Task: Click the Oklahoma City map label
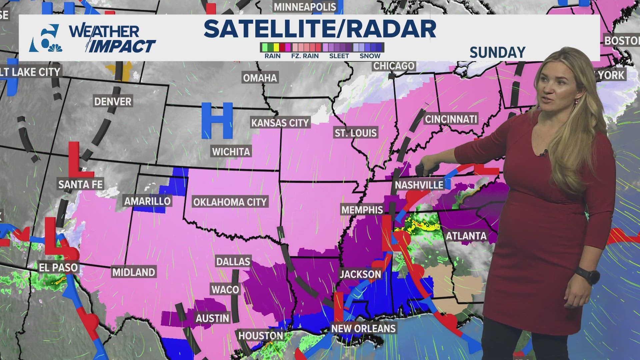coord(230,202)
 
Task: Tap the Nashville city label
coord(419,185)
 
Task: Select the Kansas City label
coord(280,123)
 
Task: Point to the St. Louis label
coord(355,133)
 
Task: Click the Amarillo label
coord(147,201)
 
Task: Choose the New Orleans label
coord(363,328)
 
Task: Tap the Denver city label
coord(113,101)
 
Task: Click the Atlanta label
coord(466,236)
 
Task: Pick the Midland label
coord(134,272)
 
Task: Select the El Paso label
coord(58,267)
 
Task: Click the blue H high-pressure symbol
coord(217,121)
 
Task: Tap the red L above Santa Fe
coord(79,160)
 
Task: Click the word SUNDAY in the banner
coord(497,52)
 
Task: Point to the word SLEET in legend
coord(339,56)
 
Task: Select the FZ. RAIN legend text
coord(305,56)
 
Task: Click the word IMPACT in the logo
coord(122,46)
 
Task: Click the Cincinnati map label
coord(451,119)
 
